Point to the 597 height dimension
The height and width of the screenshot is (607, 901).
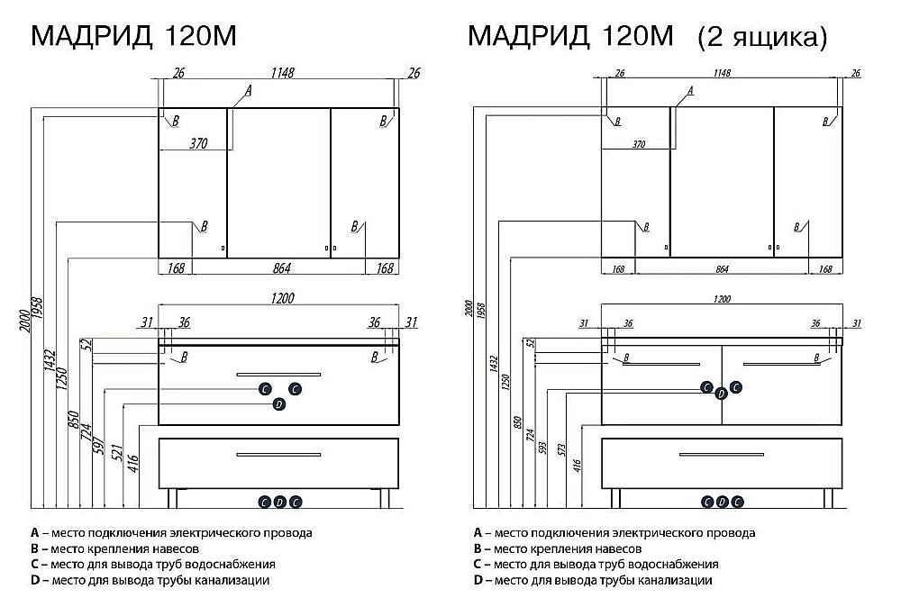click(x=100, y=446)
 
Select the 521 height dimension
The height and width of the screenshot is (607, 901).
click(x=116, y=452)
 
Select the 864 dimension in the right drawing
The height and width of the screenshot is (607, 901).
click(x=722, y=269)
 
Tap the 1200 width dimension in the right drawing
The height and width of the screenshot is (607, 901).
click(x=722, y=298)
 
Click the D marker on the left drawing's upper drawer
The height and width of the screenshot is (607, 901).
click(x=279, y=405)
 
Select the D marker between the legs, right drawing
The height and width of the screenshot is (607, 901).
click(x=722, y=502)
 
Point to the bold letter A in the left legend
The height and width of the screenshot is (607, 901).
click(x=34, y=532)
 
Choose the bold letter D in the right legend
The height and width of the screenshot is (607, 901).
click(x=477, y=581)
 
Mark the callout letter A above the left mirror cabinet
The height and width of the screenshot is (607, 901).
click(x=248, y=91)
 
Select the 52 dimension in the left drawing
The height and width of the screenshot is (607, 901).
click(x=86, y=343)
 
